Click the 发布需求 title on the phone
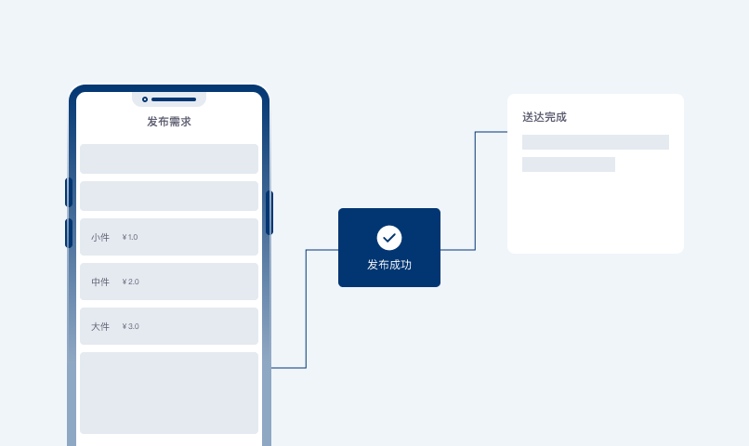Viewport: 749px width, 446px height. [x=169, y=122]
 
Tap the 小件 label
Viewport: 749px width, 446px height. [x=100, y=237]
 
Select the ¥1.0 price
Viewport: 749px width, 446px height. [x=130, y=237]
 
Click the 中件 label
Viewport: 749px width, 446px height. [x=100, y=282]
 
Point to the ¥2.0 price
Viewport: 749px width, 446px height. [x=130, y=282]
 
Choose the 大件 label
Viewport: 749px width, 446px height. [x=100, y=327]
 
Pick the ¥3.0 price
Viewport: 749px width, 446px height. [x=130, y=326]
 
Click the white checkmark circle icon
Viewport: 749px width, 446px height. [x=389, y=238]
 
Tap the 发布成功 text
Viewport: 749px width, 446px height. [x=389, y=265]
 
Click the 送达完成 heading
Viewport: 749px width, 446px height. [x=544, y=117]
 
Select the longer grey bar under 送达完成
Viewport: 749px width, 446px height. [x=595, y=142]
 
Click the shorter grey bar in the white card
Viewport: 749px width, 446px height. [x=569, y=164]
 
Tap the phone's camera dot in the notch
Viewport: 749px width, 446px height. [x=145, y=99]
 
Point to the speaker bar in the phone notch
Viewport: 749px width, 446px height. [x=174, y=99]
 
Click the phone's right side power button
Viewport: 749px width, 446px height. [x=269, y=213]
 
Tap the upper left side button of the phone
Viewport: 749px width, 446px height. [x=69, y=192]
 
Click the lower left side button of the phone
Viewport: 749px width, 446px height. [x=69, y=233]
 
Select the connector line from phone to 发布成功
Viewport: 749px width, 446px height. [x=306, y=308]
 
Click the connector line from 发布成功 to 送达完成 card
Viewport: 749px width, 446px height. [x=475, y=190]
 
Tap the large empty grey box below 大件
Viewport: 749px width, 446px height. [x=169, y=393]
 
